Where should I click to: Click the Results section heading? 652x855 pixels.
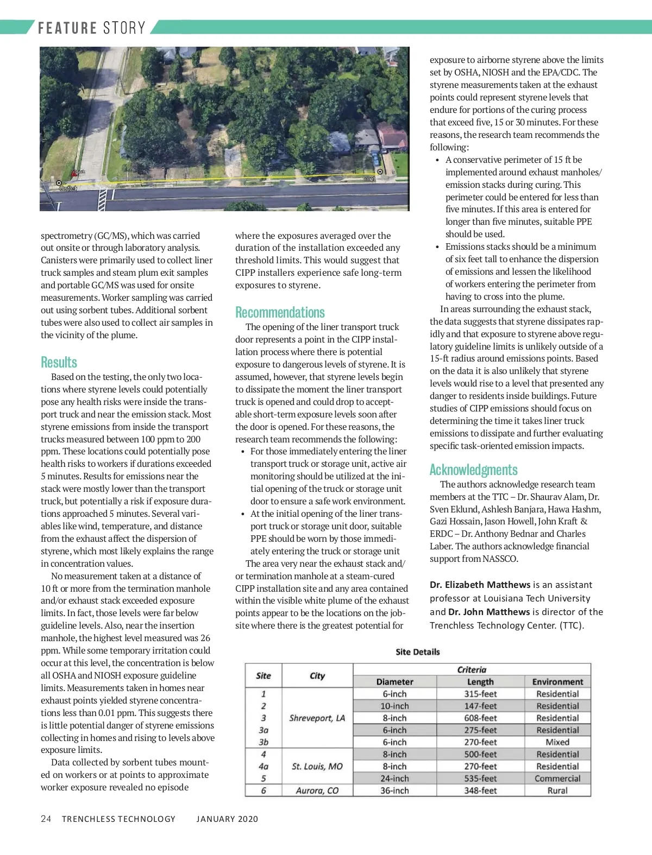tap(59, 363)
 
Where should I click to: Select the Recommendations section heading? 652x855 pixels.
tap(280, 313)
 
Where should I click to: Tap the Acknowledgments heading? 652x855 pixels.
tap(473, 470)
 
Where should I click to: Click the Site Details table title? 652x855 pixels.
tap(417, 652)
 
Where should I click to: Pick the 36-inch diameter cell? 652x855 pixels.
tap(394, 790)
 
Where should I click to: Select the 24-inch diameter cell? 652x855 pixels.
tap(394, 778)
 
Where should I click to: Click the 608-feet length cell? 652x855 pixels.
tap(480, 718)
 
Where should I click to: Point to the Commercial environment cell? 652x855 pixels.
tap(557, 778)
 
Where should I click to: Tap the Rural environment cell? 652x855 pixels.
tap(557, 790)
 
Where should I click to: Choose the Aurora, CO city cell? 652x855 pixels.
tap(317, 790)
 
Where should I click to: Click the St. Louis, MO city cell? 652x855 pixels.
tap(317, 767)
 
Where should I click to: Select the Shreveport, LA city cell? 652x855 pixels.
tap(317, 718)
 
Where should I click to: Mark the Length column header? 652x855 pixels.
tap(480, 682)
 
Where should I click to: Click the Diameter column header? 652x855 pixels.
tap(394, 682)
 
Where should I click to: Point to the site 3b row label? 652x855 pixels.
tap(264, 742)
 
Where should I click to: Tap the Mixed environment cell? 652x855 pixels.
tap(557, 742)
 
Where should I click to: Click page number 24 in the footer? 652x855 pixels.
tap(46, 819)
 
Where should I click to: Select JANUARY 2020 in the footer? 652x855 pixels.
tap(227, 819)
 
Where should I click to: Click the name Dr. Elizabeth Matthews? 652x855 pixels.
tap(480, 585)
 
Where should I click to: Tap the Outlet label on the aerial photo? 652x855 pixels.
tap(68, 188)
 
